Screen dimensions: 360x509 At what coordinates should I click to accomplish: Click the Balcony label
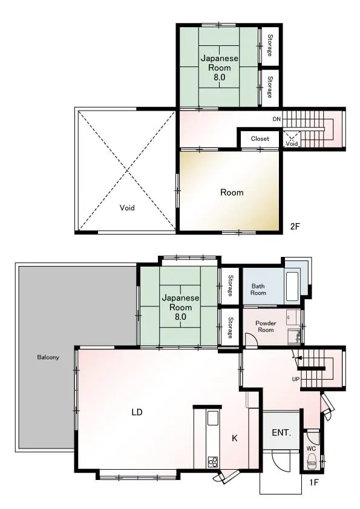(48, 357)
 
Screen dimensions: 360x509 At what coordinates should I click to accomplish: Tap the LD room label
(137, 412)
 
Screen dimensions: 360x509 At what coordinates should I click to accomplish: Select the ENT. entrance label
(281, 432)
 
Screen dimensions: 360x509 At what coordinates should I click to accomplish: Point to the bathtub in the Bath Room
(292, 287)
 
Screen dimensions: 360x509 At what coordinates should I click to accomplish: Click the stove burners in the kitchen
(213, 461)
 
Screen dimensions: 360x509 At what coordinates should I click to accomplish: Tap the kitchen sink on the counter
(213, 418)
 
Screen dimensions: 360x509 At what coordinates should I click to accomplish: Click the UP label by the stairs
(296, 379)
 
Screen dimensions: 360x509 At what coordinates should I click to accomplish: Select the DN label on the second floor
(277, 119)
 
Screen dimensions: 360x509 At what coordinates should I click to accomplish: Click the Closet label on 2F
(260, 138)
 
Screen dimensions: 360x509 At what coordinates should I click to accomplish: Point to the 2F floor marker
(295, 227)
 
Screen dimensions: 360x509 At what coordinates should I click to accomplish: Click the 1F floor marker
(313, 482)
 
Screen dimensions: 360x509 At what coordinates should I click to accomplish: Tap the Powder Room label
(266, 326)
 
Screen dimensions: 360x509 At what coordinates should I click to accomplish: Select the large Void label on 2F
(127, 208)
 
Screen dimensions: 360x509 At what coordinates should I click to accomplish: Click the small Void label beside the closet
(292, 143)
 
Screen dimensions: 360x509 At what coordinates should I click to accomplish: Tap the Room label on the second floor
(232, 192)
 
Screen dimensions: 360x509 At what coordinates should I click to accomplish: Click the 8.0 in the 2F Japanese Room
(219, 77)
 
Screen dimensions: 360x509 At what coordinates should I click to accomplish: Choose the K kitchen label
(235, 438)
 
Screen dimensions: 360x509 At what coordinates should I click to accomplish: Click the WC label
(311, 449)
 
